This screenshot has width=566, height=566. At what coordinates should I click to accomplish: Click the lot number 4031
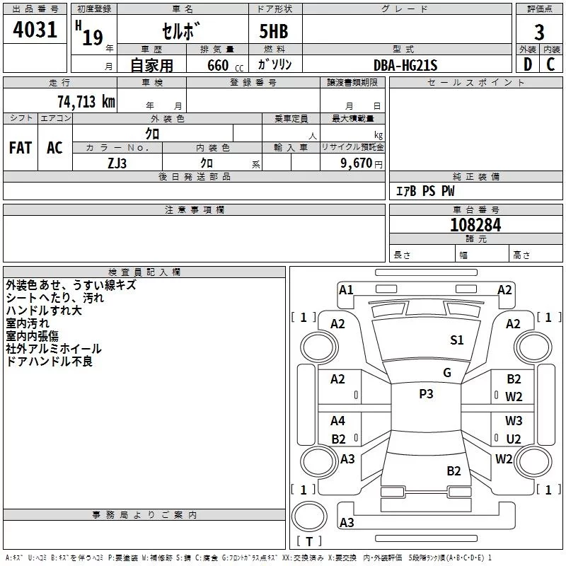35,30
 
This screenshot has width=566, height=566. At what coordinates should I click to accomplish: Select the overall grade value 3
539,33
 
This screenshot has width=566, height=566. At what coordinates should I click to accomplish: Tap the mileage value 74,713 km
86,102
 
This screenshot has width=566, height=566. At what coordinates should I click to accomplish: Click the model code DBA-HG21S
405,65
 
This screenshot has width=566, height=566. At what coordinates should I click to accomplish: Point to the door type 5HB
274,31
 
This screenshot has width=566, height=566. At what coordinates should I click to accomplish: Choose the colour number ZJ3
117,163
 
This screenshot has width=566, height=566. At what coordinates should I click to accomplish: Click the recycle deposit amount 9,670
357,163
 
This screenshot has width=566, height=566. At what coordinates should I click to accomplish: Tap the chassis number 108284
475,225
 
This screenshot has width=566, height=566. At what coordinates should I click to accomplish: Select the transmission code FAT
21,148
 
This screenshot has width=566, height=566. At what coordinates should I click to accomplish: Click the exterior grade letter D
528,64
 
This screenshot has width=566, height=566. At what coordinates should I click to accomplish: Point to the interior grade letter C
550,64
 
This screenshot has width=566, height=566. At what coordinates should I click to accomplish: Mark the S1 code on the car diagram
456,340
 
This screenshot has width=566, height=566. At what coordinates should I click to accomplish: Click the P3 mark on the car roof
426,394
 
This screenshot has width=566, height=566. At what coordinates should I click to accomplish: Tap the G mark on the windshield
447,373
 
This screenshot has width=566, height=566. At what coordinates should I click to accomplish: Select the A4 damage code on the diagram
337,421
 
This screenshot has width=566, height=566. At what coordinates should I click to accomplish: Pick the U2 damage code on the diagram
514,439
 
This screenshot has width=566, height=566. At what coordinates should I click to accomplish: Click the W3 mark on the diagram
514,421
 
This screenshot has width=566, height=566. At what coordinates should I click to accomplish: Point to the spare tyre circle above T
309,516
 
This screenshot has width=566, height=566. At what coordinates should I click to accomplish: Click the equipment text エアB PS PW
425,191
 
